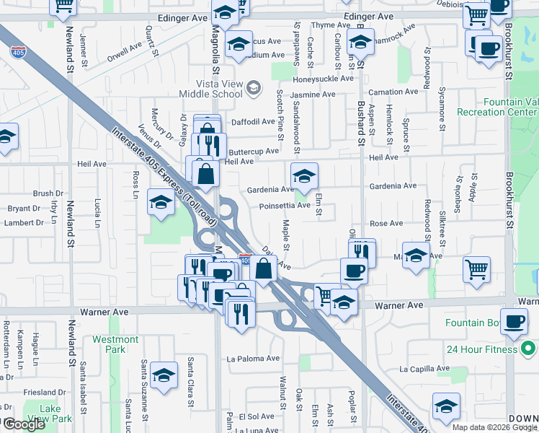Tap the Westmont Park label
pos(115,344)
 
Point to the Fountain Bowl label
pos(473,323)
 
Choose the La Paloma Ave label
pos(253,358)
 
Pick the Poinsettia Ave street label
pos(285,205)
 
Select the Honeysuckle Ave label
pos(324,79)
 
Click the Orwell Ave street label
pos(125,53)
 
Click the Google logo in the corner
pos(24,424)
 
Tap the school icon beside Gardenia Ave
pos(304,176)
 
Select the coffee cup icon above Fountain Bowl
pos(514,322)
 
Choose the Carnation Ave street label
pos(393,92)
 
